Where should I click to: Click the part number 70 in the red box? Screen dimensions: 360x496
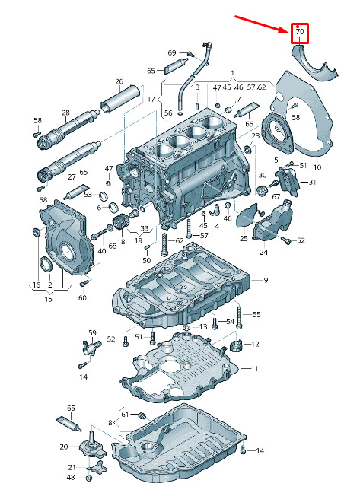point(300,32)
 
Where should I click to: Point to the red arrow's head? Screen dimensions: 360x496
point(285,30)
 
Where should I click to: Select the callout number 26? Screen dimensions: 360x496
point(119,81)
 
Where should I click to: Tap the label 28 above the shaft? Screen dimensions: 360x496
point(65,113)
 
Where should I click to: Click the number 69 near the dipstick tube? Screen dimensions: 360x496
point(172,52)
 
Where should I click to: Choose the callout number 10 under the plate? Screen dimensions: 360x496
point(317,167)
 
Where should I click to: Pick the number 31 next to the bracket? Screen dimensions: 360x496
point(313,182)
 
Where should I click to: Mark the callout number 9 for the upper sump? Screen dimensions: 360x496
point(266,280)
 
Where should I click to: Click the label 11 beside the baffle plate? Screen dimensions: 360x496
point(255,368)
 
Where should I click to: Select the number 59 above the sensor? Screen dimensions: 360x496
point(92,332)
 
